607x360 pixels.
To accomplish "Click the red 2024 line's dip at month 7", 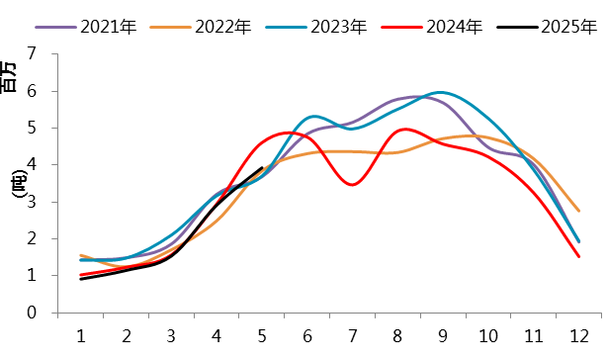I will coord(353,185).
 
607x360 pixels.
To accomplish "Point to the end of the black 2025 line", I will coord(261,168).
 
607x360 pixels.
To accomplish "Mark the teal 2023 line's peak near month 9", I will coord(441,92).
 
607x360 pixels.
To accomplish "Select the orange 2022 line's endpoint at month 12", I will coord(578,211).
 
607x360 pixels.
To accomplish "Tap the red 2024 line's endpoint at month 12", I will coord(578,257).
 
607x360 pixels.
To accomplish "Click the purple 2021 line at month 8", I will coord(397,99).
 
